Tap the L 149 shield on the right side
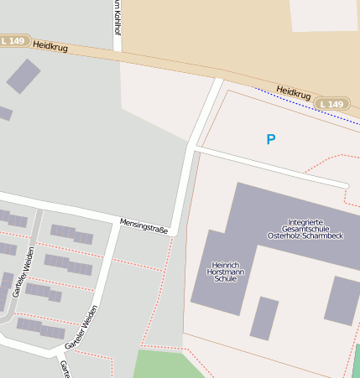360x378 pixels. tap(331, 104)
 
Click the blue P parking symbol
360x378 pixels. tap(270, 139)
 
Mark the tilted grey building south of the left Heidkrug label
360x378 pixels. tap(23, 75)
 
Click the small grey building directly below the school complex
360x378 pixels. tap(263, 318)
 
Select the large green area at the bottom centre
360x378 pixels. tap(168, 365)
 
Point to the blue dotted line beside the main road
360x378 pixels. tap(302, 105)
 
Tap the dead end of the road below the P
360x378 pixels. tap(345, 184)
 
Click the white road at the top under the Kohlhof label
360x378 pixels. tap(117, 42)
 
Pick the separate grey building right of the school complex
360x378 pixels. tap(342, 300)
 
